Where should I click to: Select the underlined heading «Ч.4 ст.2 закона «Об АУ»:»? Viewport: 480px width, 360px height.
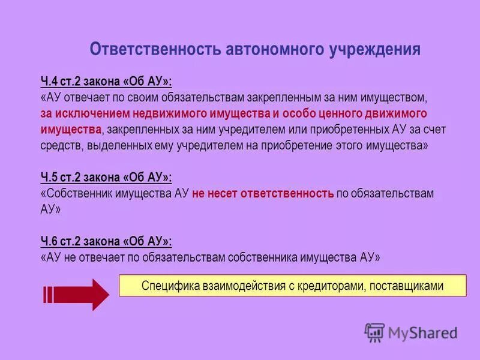coord(106,81)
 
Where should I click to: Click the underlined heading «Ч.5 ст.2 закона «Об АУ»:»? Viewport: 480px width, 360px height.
coord(106,177)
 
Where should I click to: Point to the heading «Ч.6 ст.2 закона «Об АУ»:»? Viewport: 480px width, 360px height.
coord(106,241)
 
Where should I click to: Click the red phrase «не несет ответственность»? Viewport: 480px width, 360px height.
coord(263,193)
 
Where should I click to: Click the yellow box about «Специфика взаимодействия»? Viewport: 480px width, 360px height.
coord(292,286)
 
